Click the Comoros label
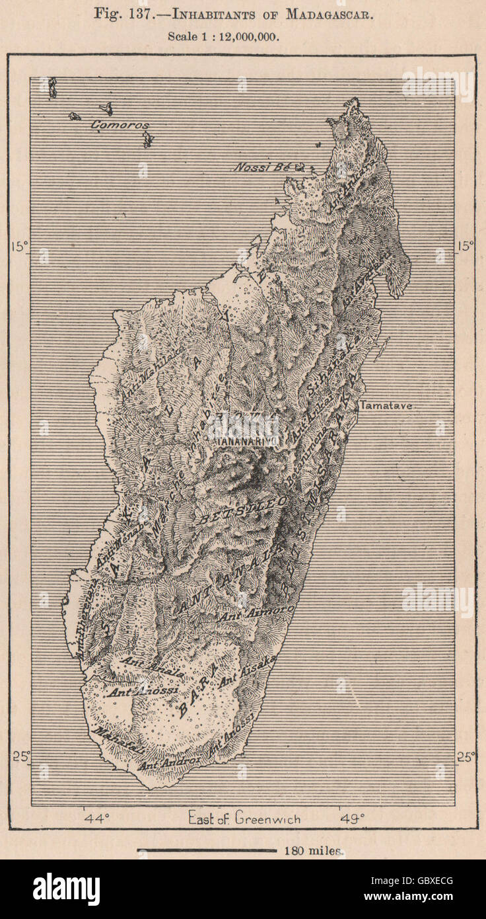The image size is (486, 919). (x=120, y=125)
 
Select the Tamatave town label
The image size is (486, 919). (x=385, y=406)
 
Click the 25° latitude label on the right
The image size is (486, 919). (x=465, y=756)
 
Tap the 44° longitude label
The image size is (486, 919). (x=96, y=819)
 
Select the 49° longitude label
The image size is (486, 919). (x=352, y=819)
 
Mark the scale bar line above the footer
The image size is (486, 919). (x=206, y=851)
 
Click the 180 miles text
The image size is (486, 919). (x=313, y=851)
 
